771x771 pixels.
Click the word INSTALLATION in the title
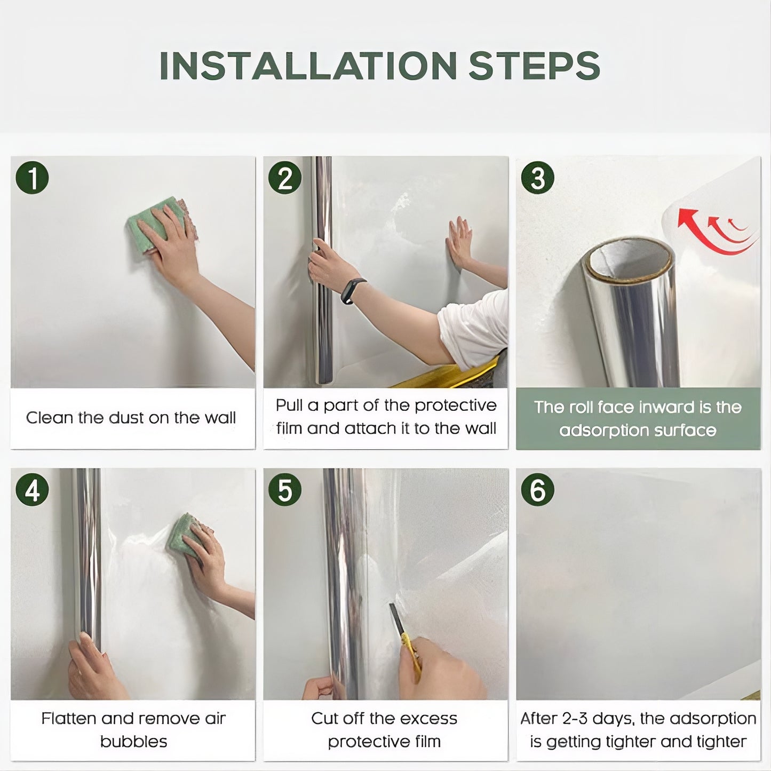pos(308,66)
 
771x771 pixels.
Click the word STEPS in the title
pos(534,66)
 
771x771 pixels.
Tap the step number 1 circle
pos(32,178)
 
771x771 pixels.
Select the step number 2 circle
pos(285,178)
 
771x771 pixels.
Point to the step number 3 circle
pos(537,178)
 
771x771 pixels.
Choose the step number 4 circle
pos(32,490)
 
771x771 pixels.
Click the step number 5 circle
pos(285,490)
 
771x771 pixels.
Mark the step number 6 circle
pos(537,490)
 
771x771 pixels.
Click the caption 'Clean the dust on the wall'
pos(131,418)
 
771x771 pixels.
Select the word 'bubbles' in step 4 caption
pos(133,742)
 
